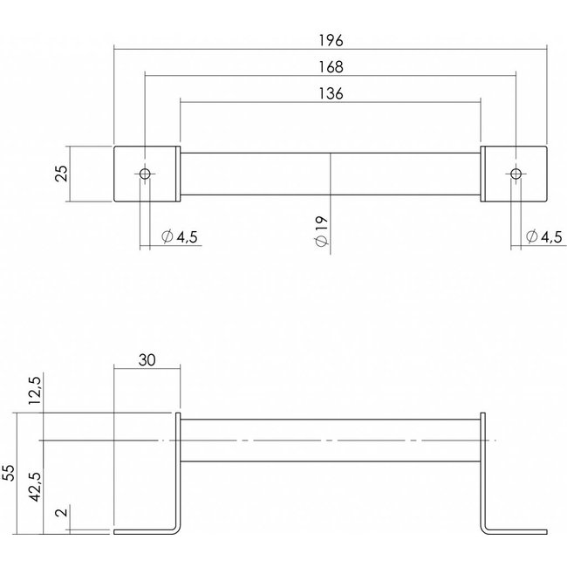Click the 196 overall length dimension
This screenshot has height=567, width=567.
click(331, 40)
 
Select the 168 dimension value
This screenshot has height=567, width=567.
click(331, 66)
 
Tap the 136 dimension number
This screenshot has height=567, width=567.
click(331, 93)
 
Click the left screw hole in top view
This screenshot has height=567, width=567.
click(146, 173)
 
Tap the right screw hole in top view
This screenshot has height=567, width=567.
click(516, 173)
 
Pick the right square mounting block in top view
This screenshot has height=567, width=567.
click(530, 173)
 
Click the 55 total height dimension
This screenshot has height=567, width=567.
click(10, 472)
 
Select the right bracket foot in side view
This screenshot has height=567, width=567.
click(516, 529)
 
